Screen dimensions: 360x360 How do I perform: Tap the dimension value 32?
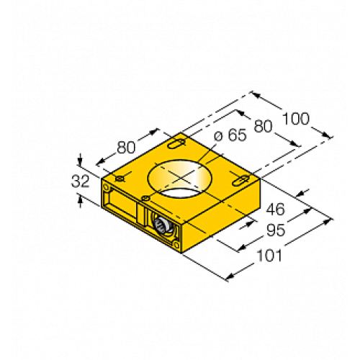[x=80, y=182]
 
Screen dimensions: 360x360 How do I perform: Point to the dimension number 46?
[x=276, y=210]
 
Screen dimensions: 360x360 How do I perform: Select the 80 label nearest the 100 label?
[x=263, y=126]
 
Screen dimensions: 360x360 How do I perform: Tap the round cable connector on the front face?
[x=161, y=228]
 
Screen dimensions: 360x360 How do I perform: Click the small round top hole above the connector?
[x=147, y=197]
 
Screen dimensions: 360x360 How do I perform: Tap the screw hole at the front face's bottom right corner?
[x=175, y=246]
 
